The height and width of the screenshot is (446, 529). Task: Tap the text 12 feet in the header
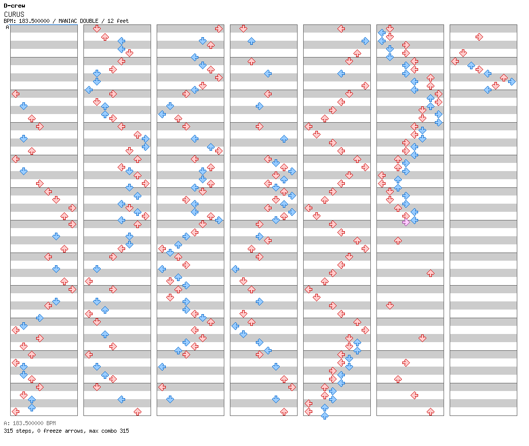[118, 21]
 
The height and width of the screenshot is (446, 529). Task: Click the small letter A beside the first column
[7, 27]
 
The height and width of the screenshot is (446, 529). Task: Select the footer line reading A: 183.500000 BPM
[30, 423]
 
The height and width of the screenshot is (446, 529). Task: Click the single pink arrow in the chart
[406, 222]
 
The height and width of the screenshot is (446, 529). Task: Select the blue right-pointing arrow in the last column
[512, 81]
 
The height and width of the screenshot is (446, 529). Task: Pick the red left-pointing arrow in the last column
[455, 61]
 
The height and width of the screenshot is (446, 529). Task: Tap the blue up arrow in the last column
[471, 65]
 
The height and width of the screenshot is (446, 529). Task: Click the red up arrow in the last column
[504, 77]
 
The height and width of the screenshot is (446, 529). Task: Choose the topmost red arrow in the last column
[479, 37]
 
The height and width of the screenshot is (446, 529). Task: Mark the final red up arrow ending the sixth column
[430, 411]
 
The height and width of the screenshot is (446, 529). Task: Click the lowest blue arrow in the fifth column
[325, 415]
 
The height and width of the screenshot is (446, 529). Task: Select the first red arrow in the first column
[15, 94]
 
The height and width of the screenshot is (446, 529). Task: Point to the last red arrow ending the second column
[137, 411]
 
